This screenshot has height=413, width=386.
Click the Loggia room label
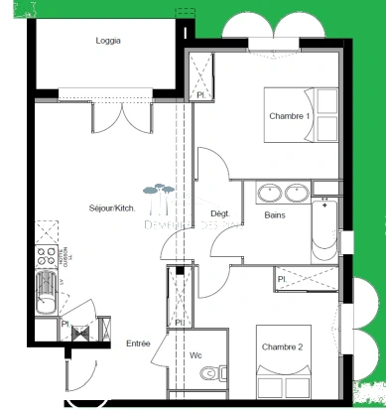(109, 41)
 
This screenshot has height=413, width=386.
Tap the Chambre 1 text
(290, 116)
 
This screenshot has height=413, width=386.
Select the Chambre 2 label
(282, 346)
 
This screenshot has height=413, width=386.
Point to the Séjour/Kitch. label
(111, 207)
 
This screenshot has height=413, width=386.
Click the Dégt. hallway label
(219, 214)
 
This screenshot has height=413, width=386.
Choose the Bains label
(276, 214)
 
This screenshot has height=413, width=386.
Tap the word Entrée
(138, 344)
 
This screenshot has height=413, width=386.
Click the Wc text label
(195, 355)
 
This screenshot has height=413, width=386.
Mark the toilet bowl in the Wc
(207, 373)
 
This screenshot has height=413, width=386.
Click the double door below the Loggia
(122, 116)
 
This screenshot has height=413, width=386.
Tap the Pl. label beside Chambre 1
(199, 95)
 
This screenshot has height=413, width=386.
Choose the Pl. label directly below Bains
(282, 279)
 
